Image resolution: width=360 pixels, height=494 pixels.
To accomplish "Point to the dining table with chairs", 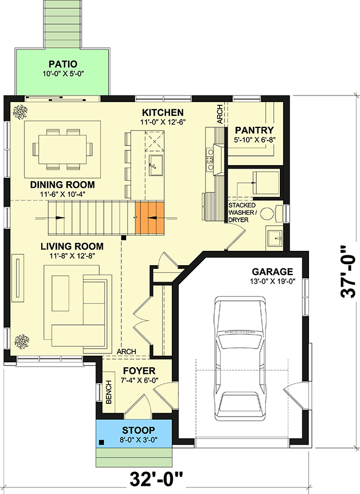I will pos(62,148).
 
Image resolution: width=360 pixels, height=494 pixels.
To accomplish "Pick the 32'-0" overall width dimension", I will pos(156,479).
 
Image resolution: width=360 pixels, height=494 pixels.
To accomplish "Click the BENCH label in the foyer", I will pos(108,393).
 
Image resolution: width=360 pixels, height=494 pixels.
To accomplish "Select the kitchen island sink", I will pos(154,162).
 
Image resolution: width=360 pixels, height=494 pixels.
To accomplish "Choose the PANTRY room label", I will pos(254,130).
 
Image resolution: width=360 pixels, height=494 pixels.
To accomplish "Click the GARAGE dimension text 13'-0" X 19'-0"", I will pos(272,282).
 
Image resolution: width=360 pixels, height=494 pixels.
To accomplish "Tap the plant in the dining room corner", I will pos(19,111).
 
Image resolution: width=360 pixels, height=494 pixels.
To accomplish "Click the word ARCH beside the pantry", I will pos(220,115).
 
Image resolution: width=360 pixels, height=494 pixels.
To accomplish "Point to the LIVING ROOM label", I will pos(72,246).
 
